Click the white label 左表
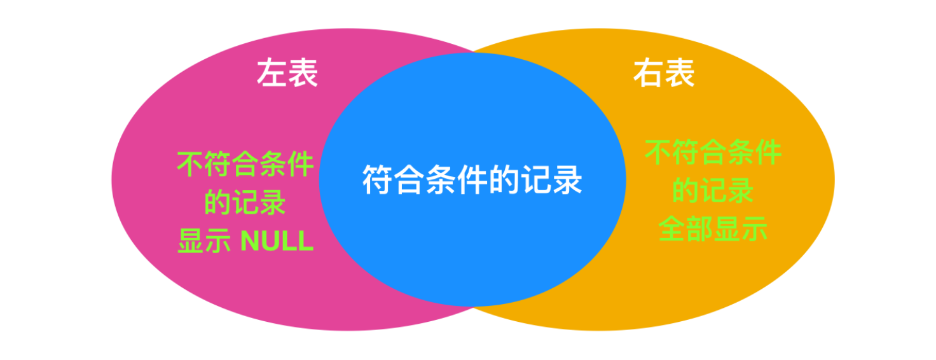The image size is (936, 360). coord(287,74)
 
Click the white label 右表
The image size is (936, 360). coord(663,74)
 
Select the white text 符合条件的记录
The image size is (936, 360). coord(472,180)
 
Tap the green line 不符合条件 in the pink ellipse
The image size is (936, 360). coord(245,165)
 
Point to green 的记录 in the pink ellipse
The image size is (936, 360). coord(245,203)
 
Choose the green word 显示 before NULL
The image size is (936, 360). coord(203,242)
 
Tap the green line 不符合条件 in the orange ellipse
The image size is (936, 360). coord(713,153)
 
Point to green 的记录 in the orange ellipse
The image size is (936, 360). coord(713,191)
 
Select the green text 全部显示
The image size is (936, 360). coord(713,229)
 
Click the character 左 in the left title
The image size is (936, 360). coord(272,74)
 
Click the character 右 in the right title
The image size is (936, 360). coord(648,74)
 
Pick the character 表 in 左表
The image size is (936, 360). coord(303,74)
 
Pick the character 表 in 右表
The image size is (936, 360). coord(679,74)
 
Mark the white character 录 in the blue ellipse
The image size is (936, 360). coord(567,180)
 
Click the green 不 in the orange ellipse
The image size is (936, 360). coord(659,153)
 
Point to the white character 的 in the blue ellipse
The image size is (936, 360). coord(504,180)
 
